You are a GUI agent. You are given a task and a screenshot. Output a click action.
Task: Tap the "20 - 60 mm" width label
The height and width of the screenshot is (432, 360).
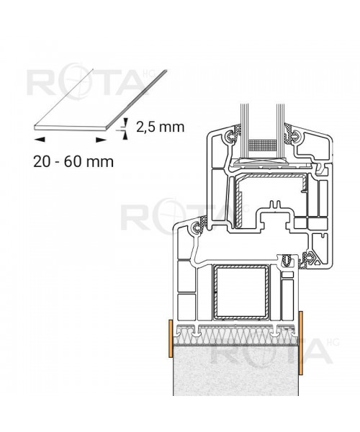(x=73, y=161)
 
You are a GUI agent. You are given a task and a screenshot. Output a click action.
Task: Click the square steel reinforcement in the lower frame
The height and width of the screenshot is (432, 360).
(x=240, y=294)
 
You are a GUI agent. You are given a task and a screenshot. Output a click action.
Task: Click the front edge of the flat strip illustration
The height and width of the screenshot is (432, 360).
(x=72, y=130)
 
